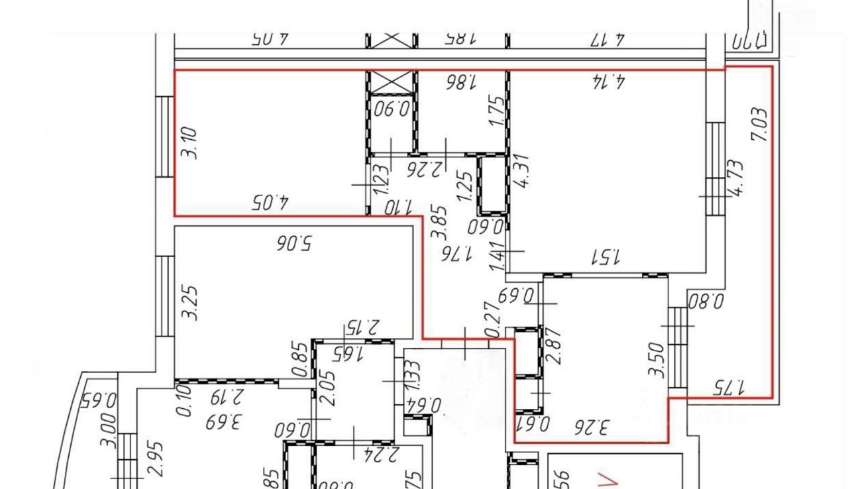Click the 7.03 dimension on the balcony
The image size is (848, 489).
point(761,125)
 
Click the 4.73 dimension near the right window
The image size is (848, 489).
point(736,177)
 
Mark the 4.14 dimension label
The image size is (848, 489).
point(609,82)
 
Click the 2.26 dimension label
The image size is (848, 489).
point(425,169)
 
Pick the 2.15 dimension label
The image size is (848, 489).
point(362,327)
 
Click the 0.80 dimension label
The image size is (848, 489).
point(707,302)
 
